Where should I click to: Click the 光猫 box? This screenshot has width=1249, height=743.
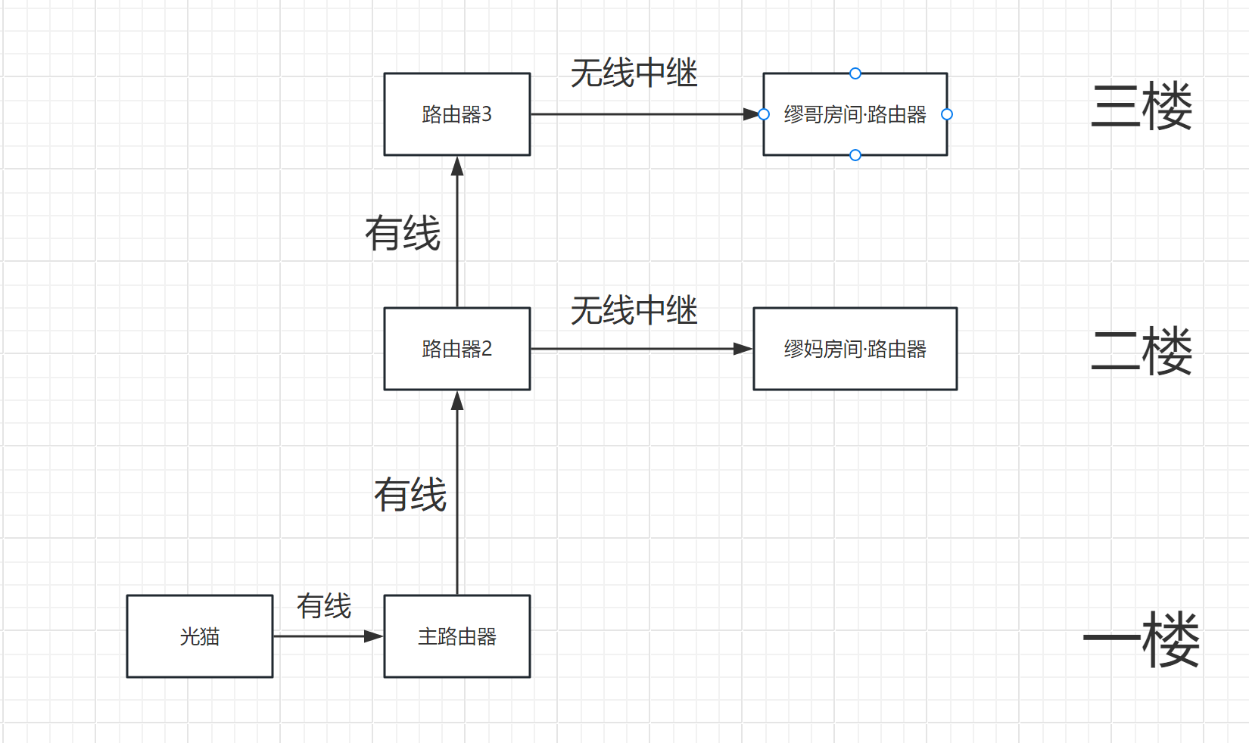(200, 636)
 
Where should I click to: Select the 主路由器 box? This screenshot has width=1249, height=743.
(456, 636)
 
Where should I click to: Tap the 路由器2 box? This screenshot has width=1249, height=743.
(456, 349)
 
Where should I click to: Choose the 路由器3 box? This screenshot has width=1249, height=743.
(456, 114)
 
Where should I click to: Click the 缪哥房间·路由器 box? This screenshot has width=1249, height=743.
(855, 114)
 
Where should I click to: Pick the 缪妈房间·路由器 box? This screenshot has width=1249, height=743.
(855, 349)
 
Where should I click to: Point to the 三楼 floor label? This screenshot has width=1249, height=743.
(1141, 106)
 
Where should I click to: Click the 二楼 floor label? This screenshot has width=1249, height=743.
(1141, 351)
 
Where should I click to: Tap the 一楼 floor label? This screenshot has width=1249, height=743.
(1141, 639)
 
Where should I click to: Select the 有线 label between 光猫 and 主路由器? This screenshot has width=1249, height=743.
(323, 606)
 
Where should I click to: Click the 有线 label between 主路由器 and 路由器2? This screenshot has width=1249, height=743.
(410, 494)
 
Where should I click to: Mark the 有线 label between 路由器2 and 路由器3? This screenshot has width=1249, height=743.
(403, 233)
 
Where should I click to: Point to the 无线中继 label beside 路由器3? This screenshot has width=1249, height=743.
(634, 73)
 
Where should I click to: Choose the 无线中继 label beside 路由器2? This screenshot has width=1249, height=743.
(634, 310)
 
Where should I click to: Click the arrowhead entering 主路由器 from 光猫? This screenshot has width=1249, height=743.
(374, 636)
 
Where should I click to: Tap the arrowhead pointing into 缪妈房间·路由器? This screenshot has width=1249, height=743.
(743, 349)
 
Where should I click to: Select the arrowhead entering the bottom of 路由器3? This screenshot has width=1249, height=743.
(457, 166)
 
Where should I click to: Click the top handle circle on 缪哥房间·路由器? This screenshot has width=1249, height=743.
(855, 73)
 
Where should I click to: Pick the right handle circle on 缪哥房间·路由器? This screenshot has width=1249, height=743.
(947, 114)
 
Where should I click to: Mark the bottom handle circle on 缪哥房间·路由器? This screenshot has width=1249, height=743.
(855, 155)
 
